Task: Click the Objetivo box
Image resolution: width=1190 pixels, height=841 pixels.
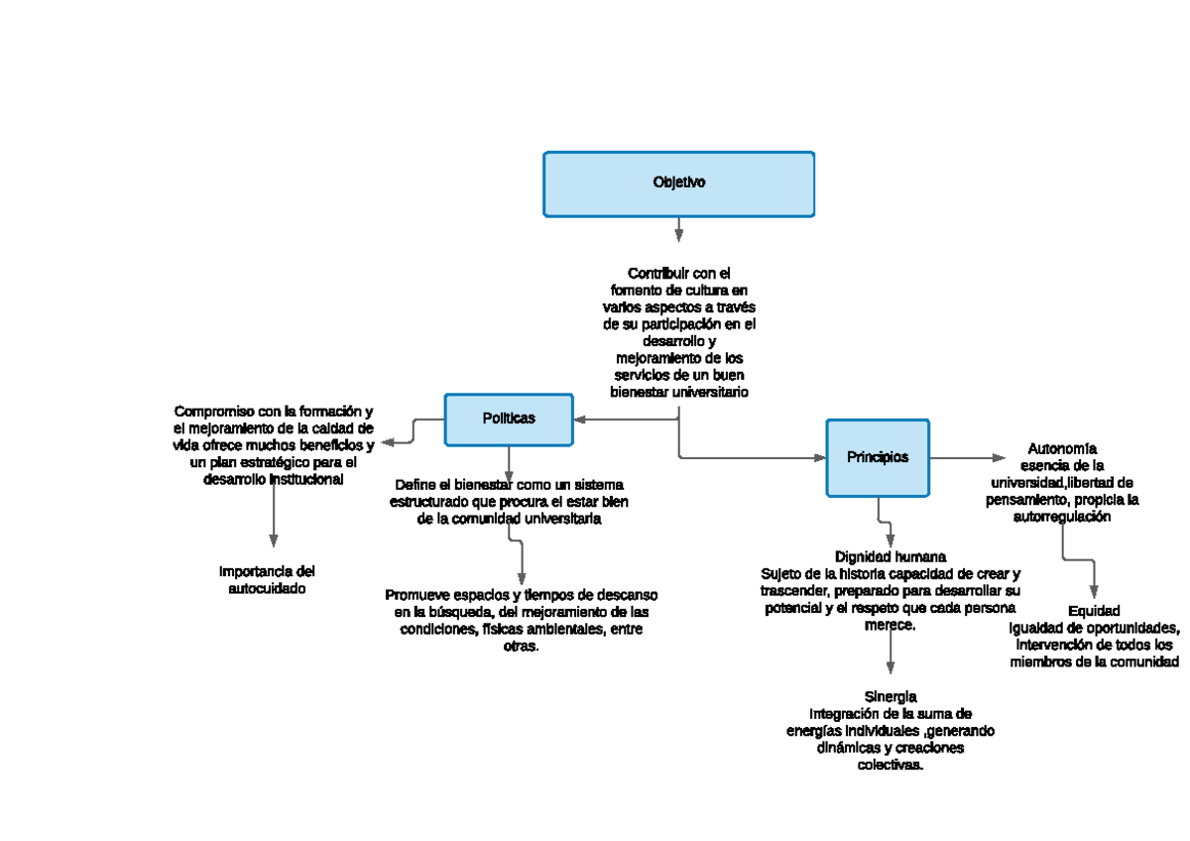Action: (x=678, y=183)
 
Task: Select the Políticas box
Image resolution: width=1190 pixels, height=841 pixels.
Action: (x=509, y=419)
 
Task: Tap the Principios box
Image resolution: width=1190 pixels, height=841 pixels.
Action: (x=878, y=457)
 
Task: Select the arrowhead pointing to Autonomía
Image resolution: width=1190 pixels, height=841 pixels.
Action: (x=998, y=457)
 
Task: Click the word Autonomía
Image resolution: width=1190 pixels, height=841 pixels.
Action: (x=1062, y=448)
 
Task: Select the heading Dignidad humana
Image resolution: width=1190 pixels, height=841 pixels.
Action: (x=891, y=556)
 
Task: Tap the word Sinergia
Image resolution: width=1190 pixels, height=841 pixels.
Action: (x=890, y=696)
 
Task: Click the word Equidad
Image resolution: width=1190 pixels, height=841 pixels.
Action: (x=1094, y=611)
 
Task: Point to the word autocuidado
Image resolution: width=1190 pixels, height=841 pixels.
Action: (x=267, y=588)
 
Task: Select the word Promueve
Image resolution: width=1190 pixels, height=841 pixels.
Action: (x=416, y=595)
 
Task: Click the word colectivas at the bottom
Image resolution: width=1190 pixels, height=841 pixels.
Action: (x=890, y=766)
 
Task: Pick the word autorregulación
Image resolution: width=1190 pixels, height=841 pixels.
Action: (x=1062, y=517)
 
